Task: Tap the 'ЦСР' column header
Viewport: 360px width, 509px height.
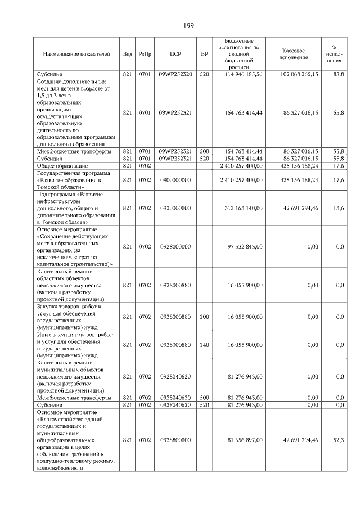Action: click(175, 55)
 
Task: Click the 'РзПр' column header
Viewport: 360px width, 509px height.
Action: click(145, 55)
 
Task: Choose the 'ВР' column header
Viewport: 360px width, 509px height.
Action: click(204, 55)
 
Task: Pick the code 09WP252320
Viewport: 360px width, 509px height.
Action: click(175, 74)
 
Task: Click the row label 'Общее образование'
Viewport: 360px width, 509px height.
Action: click(62, 166)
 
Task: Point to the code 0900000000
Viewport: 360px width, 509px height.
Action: click(175, 180)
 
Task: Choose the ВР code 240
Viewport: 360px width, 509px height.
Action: click(204, 344)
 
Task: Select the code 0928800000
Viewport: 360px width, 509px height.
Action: click(175, 440)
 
